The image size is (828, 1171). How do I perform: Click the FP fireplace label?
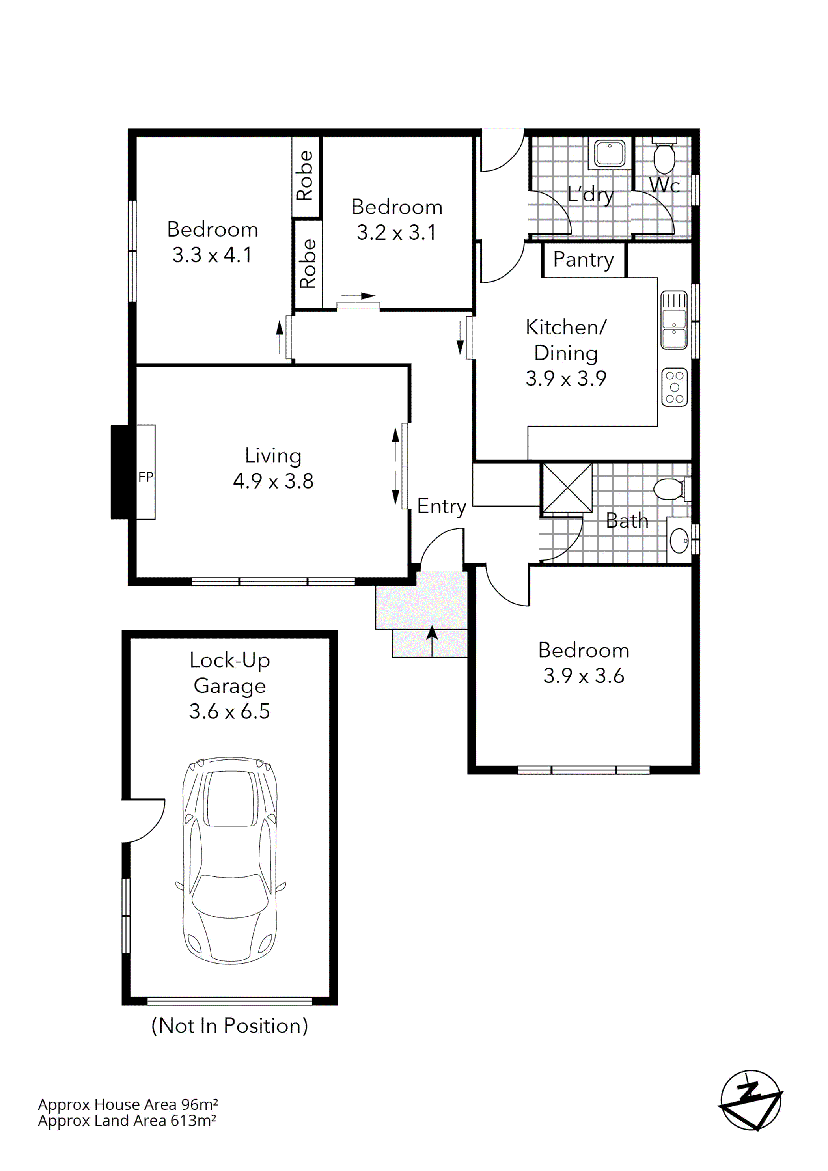pyautogui.click(x=145, y=477)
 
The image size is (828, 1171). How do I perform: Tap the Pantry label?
pyautogui.click(x=583, y=259)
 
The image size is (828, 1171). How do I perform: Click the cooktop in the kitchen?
pyautogui.click(x=675, y=387)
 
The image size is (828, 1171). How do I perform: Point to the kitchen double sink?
pyautogui.click(x=674, y=320)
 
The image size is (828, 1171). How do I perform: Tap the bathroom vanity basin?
pyautogui.click(x=679, y=541)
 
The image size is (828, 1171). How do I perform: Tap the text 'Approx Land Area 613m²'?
pyautogui.click(x=127, y=1121)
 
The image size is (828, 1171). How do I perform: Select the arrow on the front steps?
pyautogui.click(x=432, y=640)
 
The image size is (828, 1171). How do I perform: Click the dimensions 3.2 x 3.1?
pyautogui.click(x=396, y=233)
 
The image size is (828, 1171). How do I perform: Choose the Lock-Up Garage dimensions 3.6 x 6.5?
pyautogui.click(x=229, y=711)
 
